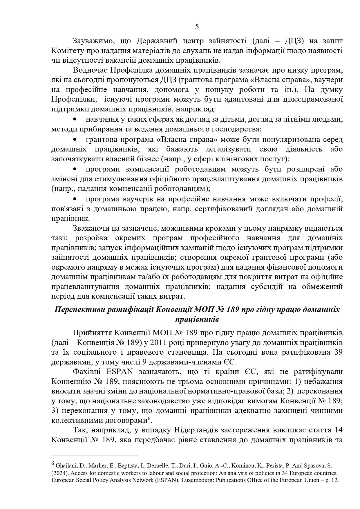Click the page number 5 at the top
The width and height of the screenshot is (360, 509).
click(x=197, y=27)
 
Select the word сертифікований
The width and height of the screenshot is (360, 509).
click(x=228, y=209)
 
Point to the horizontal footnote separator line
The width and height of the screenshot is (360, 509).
click(x=95, y=456)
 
